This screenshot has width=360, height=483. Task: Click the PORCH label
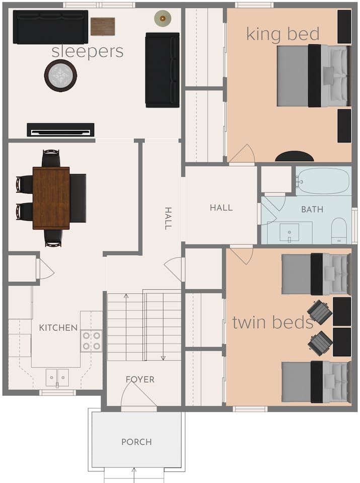click(x=136, y=442)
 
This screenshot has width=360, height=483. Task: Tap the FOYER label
click(x=140, y=379)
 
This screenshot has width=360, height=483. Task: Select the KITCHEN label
click(x=58, y=328)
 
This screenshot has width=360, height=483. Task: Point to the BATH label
click(x=312, y=209)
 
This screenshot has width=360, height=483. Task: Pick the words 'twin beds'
click(x=273, y=323)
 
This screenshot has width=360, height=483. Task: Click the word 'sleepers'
click(x=88, y=51)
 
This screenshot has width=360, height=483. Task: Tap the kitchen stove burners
click(x=92, y=341)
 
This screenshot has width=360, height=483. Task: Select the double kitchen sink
click(x=57, y=378)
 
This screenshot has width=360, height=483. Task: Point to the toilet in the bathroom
click(x=339, y=230)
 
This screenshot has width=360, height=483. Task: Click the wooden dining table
click(x=51, y=198)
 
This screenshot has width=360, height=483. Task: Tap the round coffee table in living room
click(x=60, y=75)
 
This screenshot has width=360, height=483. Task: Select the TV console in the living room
click(x=61, y=130)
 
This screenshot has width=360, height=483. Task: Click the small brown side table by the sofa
click(x=103, y=27)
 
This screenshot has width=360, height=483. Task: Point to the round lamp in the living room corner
click(x=163, y=19)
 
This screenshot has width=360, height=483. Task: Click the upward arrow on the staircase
click(x=126, y=327)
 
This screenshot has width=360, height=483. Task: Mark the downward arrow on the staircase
click(x=163, y=327)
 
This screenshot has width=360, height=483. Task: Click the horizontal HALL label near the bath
click(x=222, y=208)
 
